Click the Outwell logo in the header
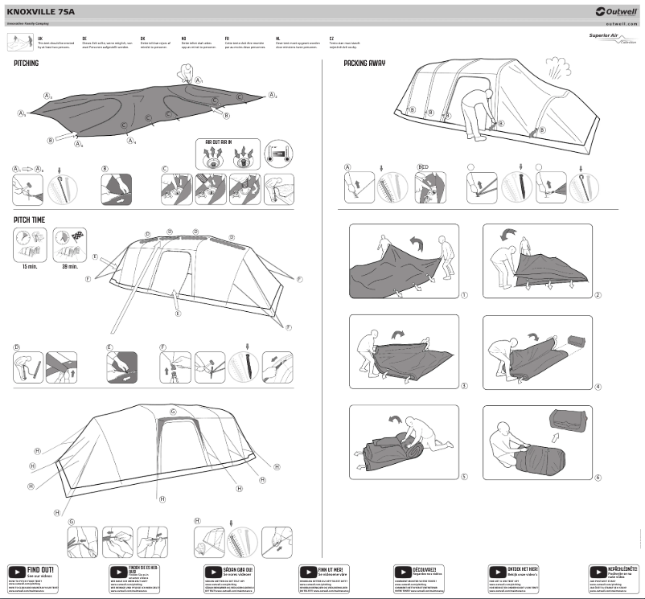(x=614, y=12)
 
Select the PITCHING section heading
(x=26, y=63)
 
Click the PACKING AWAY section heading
(x=367, y=63)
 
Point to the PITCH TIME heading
(x=30, y=219)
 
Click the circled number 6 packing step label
(x=598, y=478)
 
